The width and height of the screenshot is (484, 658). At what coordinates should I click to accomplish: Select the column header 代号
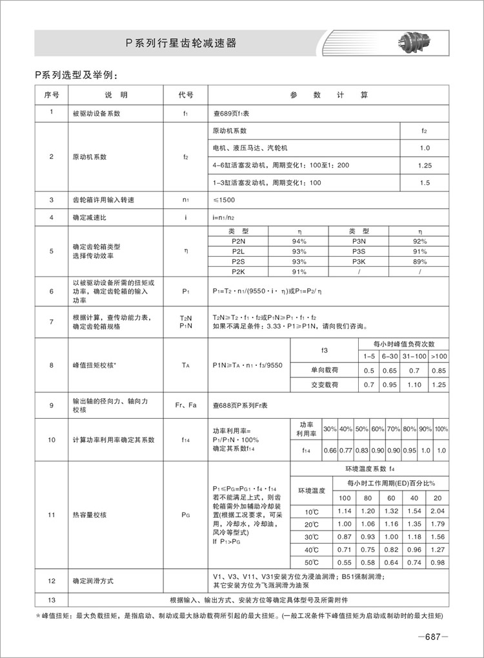186,95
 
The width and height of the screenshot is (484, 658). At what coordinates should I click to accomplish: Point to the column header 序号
51,95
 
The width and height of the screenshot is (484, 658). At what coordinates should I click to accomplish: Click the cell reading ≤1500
225,200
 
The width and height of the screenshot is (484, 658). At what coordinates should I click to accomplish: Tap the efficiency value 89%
420,262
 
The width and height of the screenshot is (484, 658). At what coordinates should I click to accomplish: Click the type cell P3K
359,262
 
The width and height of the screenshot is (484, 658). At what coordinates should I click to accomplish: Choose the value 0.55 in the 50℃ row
345,562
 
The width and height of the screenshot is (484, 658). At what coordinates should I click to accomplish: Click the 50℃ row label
312,562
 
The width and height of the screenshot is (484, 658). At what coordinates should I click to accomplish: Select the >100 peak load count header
438,356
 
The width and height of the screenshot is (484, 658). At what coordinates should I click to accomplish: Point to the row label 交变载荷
325,385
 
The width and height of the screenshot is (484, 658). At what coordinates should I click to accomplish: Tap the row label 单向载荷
325,370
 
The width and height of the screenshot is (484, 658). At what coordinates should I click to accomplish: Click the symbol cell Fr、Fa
186,405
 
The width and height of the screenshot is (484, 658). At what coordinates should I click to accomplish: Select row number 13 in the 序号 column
51,599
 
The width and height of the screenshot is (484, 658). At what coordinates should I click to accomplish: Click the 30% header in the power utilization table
329,429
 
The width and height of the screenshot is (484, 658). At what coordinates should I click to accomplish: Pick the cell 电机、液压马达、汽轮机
247,148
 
